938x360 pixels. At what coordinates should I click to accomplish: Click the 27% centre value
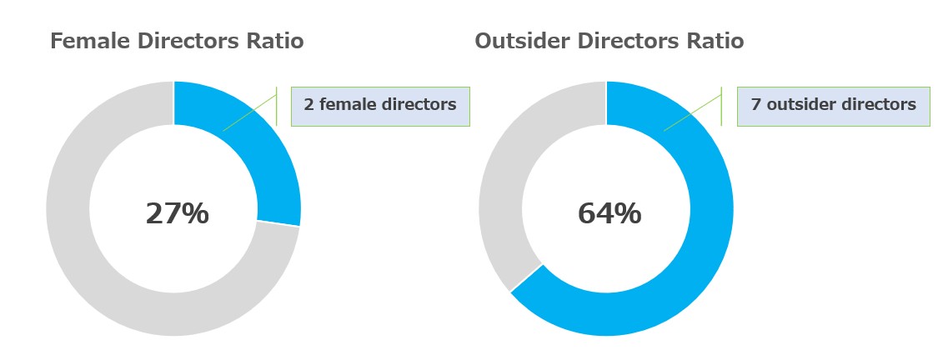pos(177,213)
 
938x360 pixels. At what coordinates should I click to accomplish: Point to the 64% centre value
pos(609,213)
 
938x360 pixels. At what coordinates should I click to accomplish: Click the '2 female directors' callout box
pos(380,107)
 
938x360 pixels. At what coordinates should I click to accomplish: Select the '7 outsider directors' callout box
pos(833,107)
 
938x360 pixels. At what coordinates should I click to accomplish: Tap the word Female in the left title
pos(89,42)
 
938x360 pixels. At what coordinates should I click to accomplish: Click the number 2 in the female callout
pos(308,105)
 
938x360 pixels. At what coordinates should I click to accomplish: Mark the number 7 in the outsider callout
pos(756,105)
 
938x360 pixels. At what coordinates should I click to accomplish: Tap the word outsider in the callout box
pos(796,105)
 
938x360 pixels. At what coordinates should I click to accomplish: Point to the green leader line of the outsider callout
pos(693,112)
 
